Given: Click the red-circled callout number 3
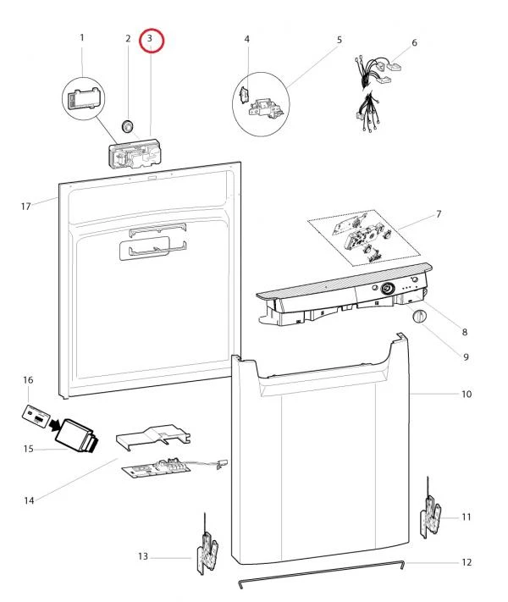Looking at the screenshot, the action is click(150, 38).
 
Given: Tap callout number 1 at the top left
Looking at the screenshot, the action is click(82, 37).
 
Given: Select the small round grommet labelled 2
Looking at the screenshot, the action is click(127, 125).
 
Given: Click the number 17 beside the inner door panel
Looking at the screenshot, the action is click(25, 207).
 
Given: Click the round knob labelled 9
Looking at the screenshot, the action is click(419, 317).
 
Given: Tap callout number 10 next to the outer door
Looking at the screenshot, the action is click(467, 395).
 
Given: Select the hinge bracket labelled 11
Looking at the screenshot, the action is click(431, 516).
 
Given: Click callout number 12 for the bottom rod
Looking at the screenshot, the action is click(467, 562).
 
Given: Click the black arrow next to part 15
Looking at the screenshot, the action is click(55, 425).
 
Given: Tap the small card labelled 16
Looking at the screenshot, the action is click(36, 415).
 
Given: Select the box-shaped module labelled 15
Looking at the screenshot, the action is click(77, 436).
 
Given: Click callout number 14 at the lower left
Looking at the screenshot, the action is click(29, 500).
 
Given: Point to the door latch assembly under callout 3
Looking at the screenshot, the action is click(133, 154).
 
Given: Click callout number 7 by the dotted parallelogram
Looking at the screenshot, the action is click(439, 214).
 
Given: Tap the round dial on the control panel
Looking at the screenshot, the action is click(388, 289).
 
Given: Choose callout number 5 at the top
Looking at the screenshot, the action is click(340, 40).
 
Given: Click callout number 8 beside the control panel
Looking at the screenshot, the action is click(465, 332).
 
